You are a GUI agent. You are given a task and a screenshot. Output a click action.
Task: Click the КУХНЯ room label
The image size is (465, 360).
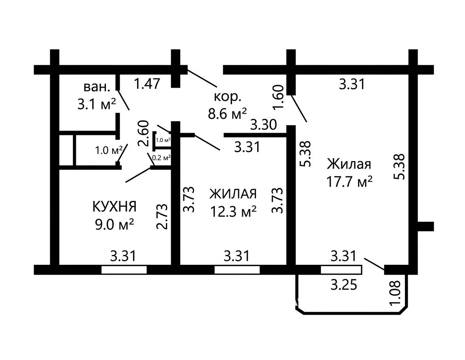(x=115, y=206)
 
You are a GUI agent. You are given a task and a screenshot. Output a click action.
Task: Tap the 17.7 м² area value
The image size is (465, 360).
(x=349, y=182)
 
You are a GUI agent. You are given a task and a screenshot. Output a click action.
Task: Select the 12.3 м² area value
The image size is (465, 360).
(x=233, y=212)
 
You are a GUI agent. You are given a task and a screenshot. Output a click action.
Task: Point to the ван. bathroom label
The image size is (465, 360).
(x=97, y=87)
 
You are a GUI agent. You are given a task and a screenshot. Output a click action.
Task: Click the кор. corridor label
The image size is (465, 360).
(x=228, y=97)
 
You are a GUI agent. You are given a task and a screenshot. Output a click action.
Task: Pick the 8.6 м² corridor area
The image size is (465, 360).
(x=228, y=113)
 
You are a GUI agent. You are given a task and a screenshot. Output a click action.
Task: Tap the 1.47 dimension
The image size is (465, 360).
(x=147, y=84)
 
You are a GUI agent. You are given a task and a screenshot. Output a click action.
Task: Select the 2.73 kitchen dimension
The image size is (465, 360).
(x=162, y=217)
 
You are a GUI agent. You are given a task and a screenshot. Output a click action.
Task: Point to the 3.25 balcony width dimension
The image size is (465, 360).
(x=344, y=285)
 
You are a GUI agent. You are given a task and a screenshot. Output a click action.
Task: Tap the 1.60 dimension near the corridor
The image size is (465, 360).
(x=279, y=97)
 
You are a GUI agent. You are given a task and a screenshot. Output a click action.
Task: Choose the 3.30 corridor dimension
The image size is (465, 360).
(x=264, y=125)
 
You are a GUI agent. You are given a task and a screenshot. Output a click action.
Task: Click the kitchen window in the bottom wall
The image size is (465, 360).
(x=124, y=270)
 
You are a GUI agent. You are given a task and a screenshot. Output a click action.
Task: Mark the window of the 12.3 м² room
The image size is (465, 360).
(x=237, y=270)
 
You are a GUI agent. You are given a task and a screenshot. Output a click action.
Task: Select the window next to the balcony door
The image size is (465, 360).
(x=341, y=270)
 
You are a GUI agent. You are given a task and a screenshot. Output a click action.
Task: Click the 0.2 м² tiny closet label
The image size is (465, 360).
(x=161, y=157)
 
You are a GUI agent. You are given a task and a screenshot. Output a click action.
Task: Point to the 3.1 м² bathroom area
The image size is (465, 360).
(x=96, y=104)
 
